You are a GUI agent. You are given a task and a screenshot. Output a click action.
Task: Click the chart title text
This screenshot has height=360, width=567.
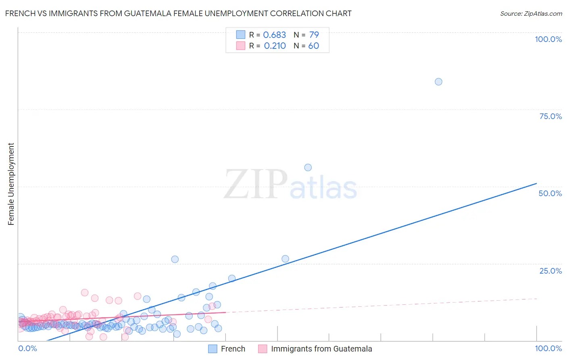[178, 14]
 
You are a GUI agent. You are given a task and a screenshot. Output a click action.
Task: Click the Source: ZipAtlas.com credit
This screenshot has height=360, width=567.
[531, 14]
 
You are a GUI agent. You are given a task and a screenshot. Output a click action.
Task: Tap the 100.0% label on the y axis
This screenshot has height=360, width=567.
[548, 39]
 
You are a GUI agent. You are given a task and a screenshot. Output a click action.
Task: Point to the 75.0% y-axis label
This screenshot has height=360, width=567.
[550, 116]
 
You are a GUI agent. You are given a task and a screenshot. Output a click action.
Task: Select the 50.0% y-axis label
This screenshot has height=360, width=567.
[550, 193]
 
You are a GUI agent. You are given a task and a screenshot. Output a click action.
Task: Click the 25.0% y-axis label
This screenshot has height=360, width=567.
[550, 271]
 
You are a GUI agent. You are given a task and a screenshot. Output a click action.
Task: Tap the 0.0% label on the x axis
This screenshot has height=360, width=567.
[28, 349]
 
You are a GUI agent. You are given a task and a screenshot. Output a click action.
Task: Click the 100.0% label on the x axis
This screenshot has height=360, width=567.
[548, 349]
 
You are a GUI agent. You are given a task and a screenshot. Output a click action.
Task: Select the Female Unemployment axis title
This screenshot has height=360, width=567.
[11, 184]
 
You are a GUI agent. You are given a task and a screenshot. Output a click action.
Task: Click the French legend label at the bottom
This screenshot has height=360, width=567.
[233, 349]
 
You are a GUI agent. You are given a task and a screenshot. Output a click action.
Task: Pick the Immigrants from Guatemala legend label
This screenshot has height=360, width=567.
[321, 349]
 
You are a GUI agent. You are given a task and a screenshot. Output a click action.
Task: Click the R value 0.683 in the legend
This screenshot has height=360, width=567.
[274, 35]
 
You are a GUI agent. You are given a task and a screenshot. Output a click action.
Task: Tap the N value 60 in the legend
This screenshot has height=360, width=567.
[313, 46]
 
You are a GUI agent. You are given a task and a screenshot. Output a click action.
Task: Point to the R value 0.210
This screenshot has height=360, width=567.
[275, 46]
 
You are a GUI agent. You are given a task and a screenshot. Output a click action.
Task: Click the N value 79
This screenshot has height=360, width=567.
[314, 35]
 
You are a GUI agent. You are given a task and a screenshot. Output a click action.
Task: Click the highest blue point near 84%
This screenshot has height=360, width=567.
[438, 82]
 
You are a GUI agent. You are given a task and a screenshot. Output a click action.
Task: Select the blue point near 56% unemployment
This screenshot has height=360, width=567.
[308, 167]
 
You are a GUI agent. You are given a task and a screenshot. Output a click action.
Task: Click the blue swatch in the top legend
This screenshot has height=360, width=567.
[241, 35]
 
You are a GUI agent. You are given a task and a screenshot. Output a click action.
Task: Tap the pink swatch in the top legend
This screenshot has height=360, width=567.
[241, 46]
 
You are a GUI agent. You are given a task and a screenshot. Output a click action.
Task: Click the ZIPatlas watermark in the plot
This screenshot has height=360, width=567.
[290, 184]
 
